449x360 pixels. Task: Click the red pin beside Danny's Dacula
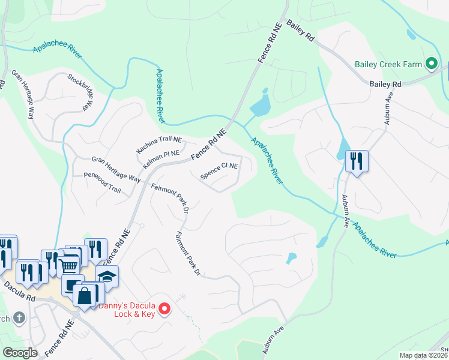[x=165, y=310]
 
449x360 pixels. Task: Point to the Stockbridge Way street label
[x=81, y=91]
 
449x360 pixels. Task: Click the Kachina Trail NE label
[x=158, y=140]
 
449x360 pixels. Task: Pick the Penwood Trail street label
[x=103, y=184]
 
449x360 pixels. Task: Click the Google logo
[x=20, y=353]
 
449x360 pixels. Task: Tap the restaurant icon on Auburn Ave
[x=357, y=161]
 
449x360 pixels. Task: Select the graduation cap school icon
[x=107, y=276]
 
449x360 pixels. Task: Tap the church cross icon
[x=19, y=317]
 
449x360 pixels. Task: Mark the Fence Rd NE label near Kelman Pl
[x=209, y=145]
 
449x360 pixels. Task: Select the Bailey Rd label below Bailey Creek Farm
[x=385, y=85]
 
